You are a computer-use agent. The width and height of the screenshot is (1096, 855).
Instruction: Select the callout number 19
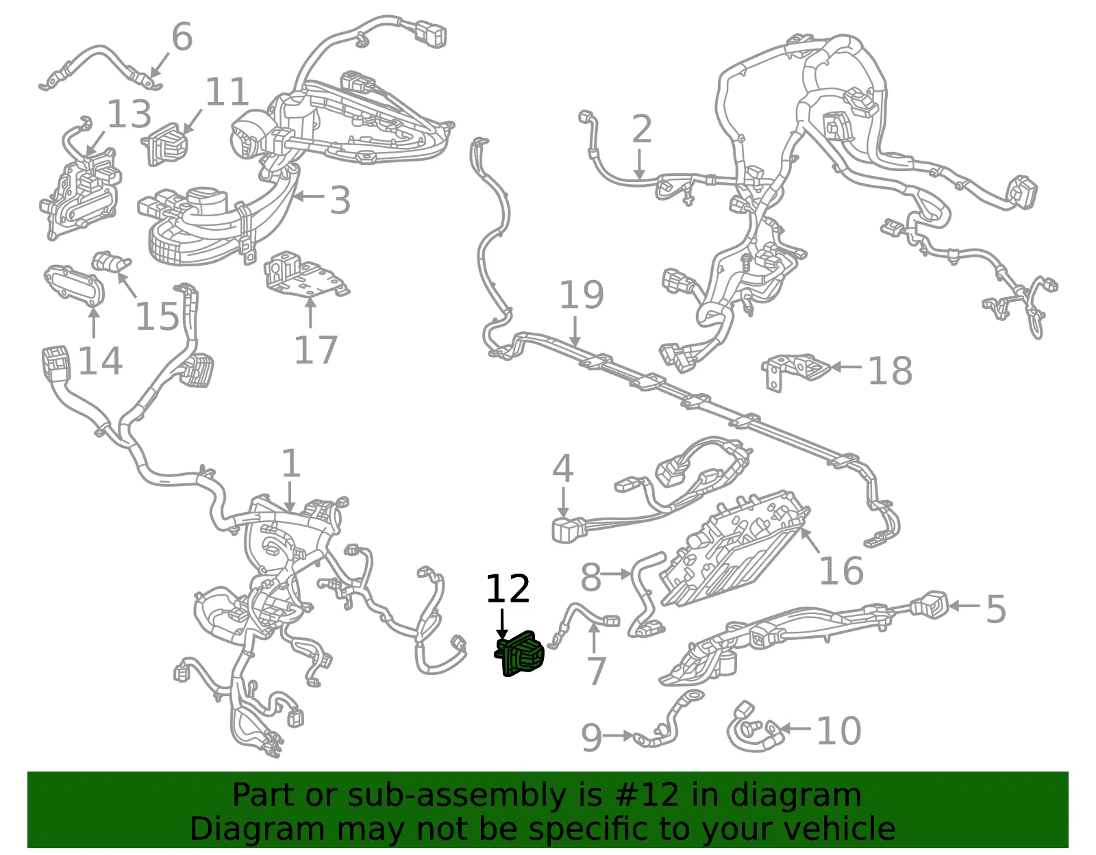click(582, 295)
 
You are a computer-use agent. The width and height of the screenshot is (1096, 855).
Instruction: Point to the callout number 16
click(841, 571)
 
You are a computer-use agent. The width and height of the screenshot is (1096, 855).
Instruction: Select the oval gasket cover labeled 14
click(74, 285)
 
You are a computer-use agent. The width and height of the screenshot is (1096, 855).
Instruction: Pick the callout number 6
click(182, 36)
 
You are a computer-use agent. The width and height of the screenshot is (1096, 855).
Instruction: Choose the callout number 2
click(642, 129)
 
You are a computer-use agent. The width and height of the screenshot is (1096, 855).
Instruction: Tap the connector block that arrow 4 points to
click(569, 531)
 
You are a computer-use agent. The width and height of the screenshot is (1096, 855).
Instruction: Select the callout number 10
click(838, 731)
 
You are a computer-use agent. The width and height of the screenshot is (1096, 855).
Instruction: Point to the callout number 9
click(592, 737)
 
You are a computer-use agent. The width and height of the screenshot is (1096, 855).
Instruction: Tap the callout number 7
click(597, 672)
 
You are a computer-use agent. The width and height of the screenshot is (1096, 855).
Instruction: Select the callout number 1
click(291, 463)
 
